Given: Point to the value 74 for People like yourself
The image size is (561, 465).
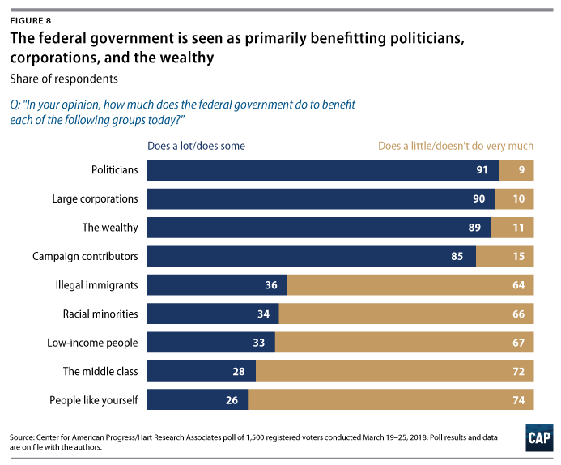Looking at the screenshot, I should (519, 400).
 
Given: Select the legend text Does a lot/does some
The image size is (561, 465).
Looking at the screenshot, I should (195, 147).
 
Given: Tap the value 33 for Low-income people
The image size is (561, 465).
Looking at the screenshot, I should (260, 343).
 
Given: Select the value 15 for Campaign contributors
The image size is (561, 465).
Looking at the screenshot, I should (519, 257).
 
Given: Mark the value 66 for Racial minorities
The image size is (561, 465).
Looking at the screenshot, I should (519, 314).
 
